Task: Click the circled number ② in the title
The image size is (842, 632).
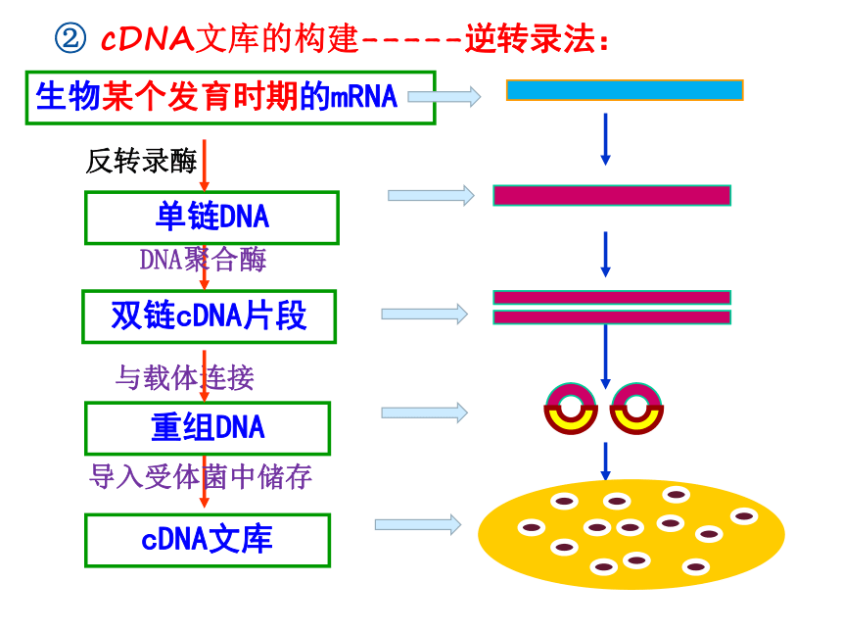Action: [70, 38]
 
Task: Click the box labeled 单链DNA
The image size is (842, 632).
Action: [211, 218]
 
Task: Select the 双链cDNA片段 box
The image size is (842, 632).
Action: [209, 316]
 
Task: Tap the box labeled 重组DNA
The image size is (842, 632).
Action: [208, 428]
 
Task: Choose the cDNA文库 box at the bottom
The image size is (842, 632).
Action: [208, 540]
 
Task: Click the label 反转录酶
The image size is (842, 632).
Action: [141, 161]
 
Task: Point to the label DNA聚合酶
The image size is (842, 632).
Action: [203, 260]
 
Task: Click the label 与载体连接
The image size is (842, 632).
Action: [185, 377]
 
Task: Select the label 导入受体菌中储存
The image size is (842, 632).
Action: [201, 476]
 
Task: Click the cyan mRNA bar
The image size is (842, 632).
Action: [625, 90]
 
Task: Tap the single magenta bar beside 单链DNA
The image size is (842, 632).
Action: [612, 196]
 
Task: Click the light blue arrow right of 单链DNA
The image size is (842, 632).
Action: [431, 196]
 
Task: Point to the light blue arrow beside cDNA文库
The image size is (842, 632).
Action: [418, 524]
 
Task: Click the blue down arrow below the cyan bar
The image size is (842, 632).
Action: [605, 139]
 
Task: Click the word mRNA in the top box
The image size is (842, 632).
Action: [363, 97]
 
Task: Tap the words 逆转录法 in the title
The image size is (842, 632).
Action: [531, 38]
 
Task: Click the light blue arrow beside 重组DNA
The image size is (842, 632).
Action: [425, 413]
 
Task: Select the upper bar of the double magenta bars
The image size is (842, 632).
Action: [612, 298]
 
